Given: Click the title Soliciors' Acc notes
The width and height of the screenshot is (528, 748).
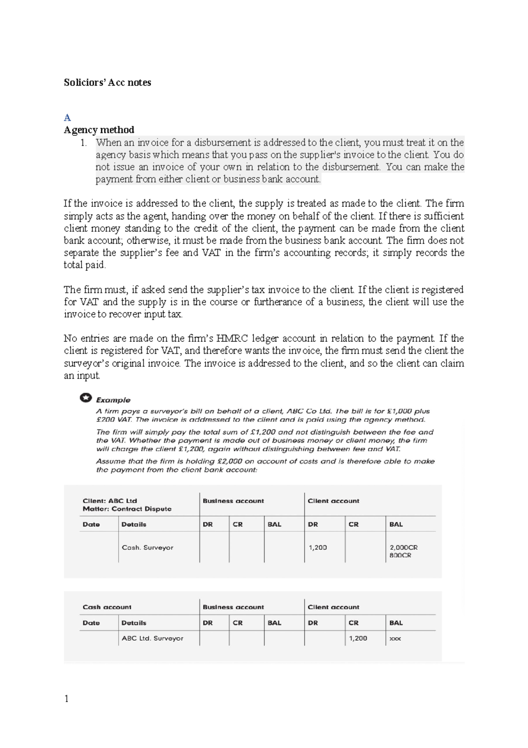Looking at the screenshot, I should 107,82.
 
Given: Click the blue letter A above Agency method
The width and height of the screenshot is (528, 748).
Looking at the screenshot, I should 67,118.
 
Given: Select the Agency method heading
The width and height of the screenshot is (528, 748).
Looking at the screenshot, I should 99,130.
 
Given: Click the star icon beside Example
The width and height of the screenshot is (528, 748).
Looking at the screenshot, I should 86,398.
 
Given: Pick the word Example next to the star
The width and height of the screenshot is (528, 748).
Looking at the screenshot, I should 113,400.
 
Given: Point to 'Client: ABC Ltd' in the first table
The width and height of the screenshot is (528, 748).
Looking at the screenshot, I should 110,501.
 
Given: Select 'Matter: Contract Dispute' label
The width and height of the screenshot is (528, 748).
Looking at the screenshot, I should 127,509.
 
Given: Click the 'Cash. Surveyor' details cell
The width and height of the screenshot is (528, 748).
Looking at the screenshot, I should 147,548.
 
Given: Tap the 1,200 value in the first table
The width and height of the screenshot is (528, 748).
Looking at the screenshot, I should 318,548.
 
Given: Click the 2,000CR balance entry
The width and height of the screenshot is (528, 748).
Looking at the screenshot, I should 403,548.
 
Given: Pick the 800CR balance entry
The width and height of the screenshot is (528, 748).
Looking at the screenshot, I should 400,555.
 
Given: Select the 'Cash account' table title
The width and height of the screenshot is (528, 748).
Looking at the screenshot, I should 107,607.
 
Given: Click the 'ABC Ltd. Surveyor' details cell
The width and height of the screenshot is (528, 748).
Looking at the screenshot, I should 152,638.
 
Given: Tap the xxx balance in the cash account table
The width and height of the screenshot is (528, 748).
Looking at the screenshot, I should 395,638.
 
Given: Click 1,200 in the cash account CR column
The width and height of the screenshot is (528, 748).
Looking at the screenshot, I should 358,638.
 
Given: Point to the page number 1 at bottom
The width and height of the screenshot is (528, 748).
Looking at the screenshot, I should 66,699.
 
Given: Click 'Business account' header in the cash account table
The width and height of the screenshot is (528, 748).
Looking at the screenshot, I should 233,607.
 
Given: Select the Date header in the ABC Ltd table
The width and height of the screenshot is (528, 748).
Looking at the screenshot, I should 91,524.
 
